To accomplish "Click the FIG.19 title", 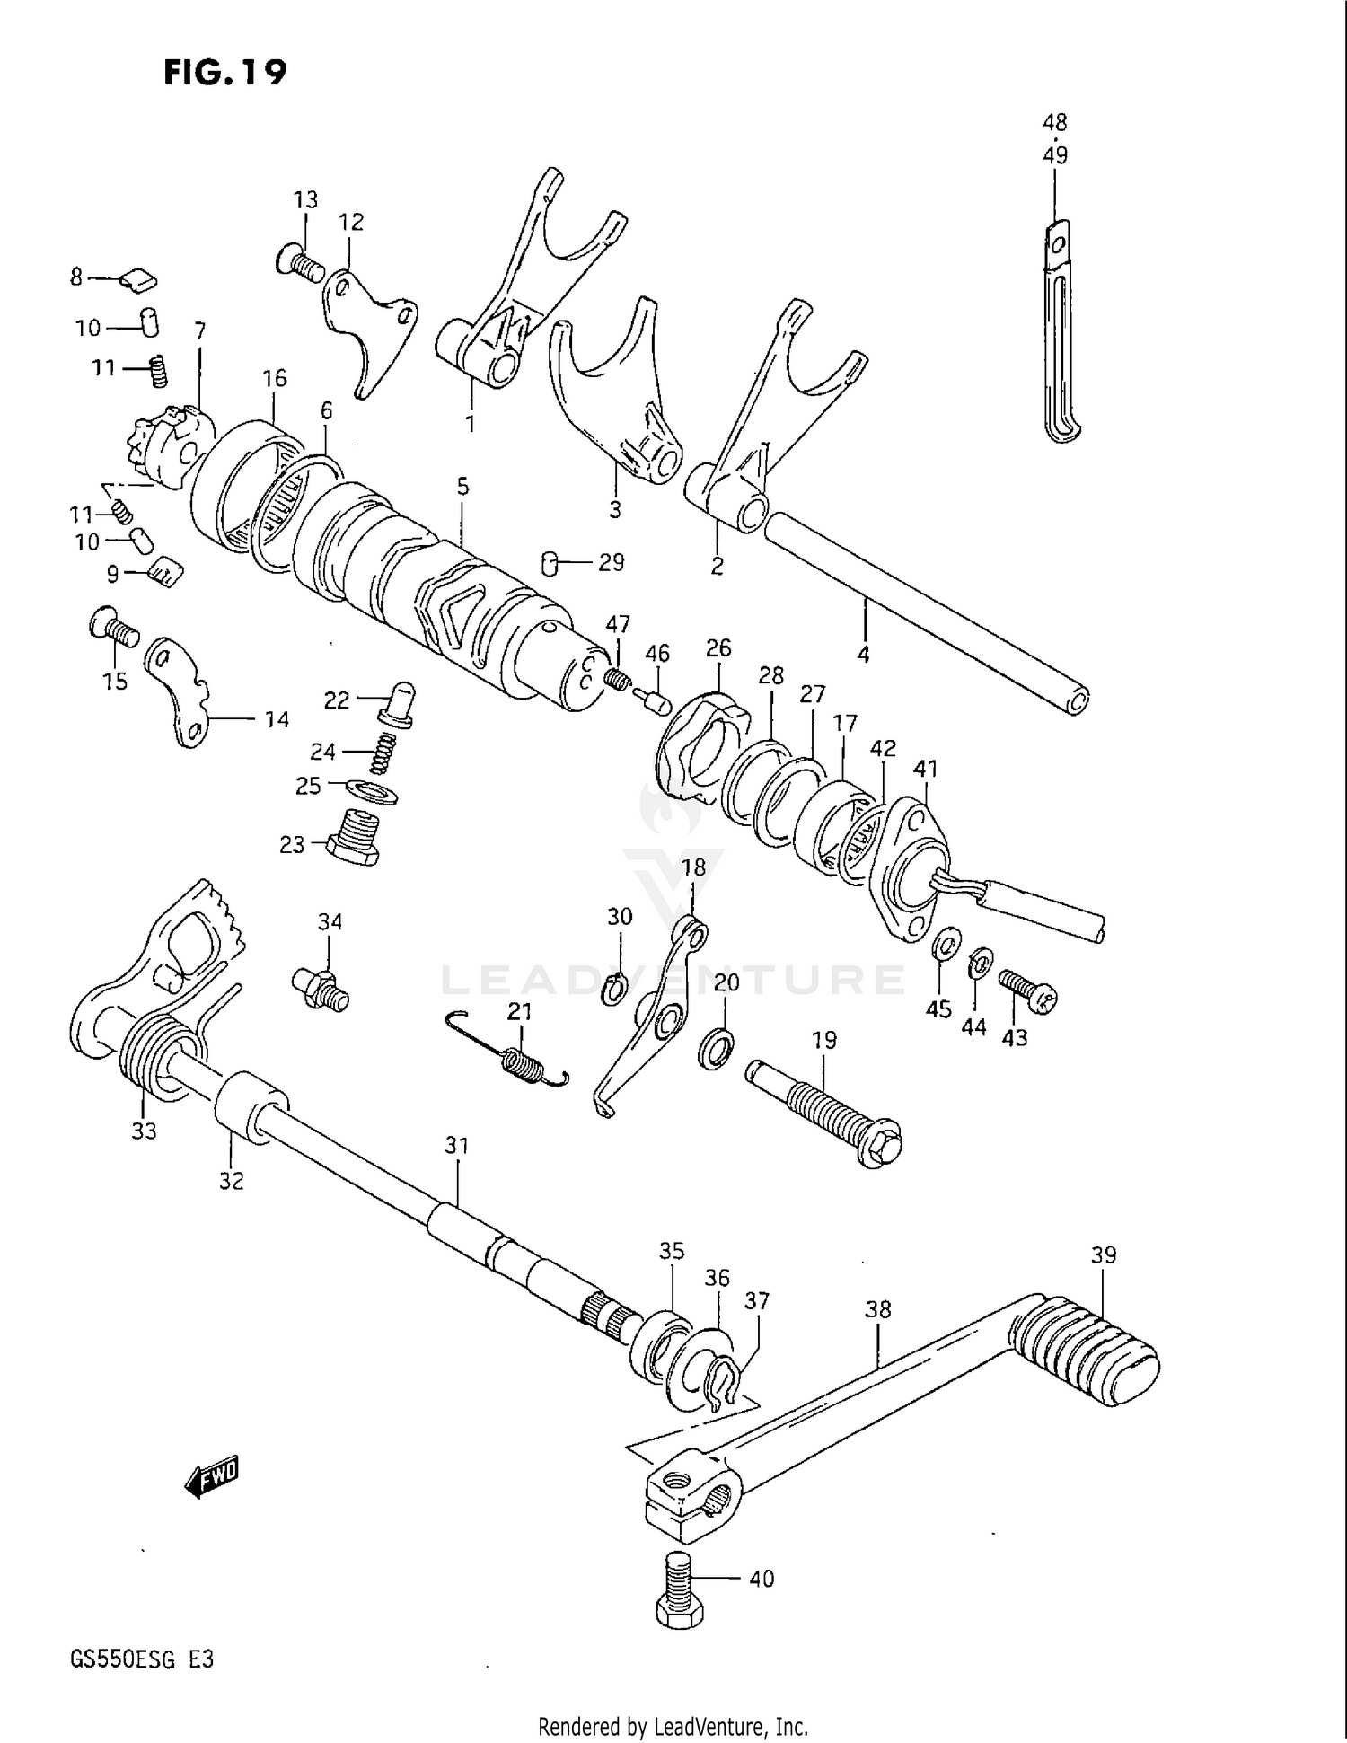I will [224, 71].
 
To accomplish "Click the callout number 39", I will [1104, 1255].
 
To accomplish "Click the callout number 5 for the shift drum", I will [462, 488].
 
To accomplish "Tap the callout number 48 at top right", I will [1055, 122].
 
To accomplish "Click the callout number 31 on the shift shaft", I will [457, 1146].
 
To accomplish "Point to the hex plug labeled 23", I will [352, 837].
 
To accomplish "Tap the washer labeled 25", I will [372, 792].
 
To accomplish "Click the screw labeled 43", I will [1028, 990].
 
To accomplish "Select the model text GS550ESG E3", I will [142, 1660].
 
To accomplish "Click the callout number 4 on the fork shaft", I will [863, 656].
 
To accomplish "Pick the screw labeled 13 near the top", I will [300, 262].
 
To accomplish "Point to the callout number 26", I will [718, 647].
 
